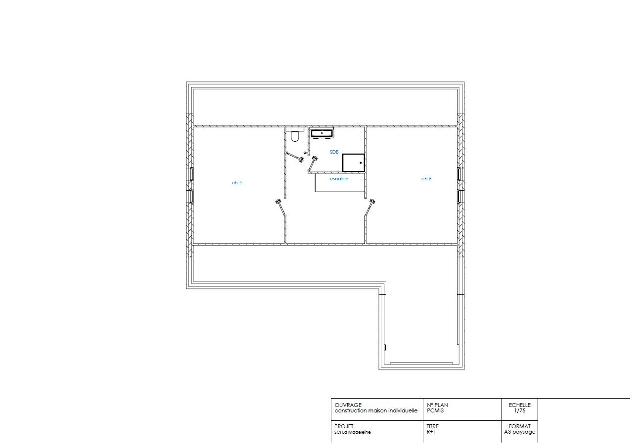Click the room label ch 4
[237, 183]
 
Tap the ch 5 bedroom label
[426, 179]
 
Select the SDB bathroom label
[334, 152]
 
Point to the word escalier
[339, 179]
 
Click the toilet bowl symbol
[295, 136]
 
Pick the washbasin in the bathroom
[322, 133]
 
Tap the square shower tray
[354, 163]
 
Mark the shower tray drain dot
[361, 163]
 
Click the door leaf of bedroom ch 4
[281, 208]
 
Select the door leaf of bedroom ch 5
[370, 207]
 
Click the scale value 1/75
[520, 410]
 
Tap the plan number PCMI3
[435, 410]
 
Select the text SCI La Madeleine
[353, 432]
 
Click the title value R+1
[431, 432]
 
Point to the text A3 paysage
[520, 432]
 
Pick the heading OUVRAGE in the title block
[348, 405]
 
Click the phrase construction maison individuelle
[376, 410]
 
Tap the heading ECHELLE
[520, 405]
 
